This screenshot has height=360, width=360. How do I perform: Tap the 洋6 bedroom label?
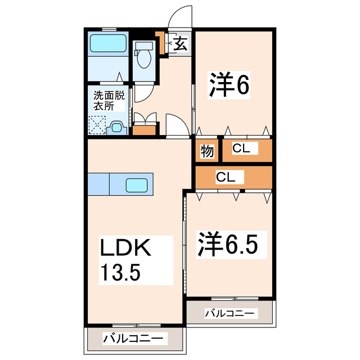[229, 85]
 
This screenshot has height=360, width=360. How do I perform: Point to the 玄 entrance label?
[180, 43]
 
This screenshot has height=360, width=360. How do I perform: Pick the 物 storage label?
[206, 150]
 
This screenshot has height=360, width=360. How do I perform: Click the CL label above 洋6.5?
[226, 177]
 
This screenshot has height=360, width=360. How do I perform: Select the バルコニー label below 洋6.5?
[231, 313]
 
